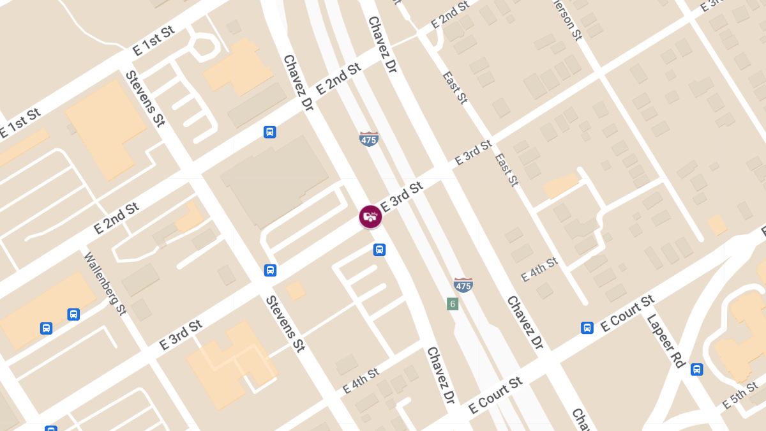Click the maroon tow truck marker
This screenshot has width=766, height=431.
coord(370,217)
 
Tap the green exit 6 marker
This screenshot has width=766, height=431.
coord(453,304)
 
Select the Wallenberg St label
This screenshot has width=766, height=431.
coord(105,284)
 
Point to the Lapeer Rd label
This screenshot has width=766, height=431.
coord(666,340)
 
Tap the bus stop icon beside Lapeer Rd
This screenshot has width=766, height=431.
coord(696,369)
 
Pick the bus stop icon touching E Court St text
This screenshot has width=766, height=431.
coord(587,328)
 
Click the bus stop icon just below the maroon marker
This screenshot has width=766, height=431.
coord(379,250)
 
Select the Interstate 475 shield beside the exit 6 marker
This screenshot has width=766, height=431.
coord(463,285)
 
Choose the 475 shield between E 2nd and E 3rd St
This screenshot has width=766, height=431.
coord(369,139)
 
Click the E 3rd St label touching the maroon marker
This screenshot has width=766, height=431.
coord(402,197)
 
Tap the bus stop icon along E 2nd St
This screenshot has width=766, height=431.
coord(270,132)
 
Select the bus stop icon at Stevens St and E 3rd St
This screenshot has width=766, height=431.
coord(270,270)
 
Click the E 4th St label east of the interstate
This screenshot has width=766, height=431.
coord(539,269)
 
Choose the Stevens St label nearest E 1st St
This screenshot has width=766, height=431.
coord(145,98)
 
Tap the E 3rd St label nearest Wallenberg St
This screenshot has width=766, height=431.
coord(181,335)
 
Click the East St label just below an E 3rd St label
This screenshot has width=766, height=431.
coord(506,169)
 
